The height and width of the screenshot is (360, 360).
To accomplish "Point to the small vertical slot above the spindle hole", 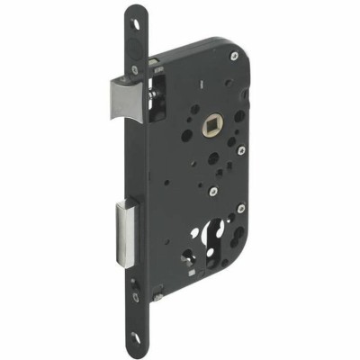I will [210, 87].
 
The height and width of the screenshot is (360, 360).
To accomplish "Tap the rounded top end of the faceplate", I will [137, 11].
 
